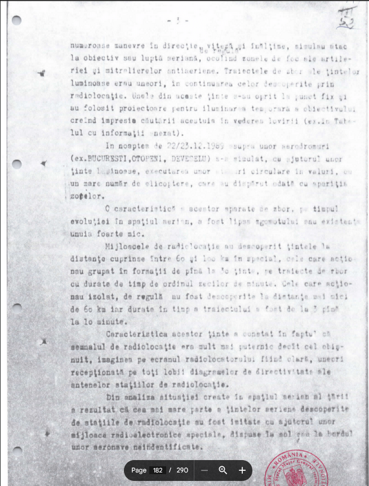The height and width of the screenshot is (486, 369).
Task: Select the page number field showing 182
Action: point(158,470)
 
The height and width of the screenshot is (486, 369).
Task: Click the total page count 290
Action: point(182,470)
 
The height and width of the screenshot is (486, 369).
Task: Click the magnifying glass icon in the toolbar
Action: point(223,470)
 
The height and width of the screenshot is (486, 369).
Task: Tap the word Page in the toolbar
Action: point(139,470)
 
